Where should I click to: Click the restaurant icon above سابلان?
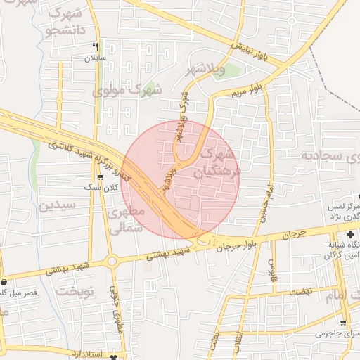click(95, 47)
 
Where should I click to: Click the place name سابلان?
click(95, 58)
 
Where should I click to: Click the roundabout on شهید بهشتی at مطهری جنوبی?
click(112, 262)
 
